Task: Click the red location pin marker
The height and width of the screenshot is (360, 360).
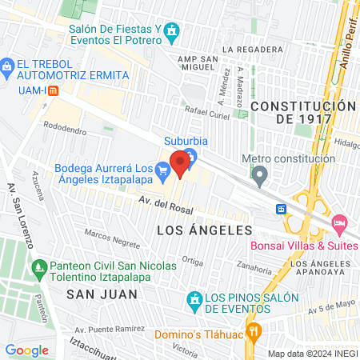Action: [x=180, y=163]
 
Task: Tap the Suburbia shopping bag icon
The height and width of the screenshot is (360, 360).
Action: [x=190, y=154]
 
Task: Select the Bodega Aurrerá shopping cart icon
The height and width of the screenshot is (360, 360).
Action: [x=162, y=169]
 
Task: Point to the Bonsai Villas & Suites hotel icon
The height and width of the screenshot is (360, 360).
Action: [x=339, y=221]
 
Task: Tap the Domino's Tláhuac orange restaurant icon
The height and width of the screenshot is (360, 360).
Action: [x=255, y=330]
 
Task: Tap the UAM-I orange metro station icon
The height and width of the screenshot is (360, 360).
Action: [x=53, y=90]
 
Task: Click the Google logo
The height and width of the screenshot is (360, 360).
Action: [x=27, y=350]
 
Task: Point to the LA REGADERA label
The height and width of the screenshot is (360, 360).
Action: [x=252, y=49]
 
